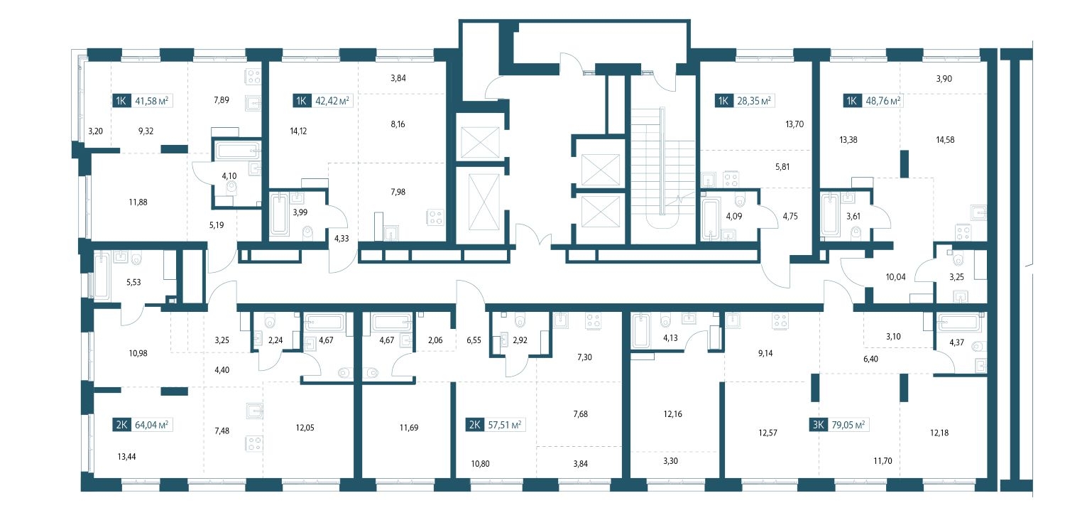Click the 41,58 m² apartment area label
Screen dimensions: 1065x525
coord(152,101)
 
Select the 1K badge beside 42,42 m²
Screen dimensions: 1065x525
coord(302,101)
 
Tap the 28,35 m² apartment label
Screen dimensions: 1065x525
coord(754,101)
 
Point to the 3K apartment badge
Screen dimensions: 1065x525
coord(818,425)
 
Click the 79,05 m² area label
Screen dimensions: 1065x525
coord(848,425)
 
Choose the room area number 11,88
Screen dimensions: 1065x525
coord(138,202)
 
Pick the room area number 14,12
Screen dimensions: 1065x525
coord(298,131)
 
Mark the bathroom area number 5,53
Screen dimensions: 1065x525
coord(133,282)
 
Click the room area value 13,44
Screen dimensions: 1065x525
coord(126,457)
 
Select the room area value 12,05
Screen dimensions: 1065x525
coord(305,428)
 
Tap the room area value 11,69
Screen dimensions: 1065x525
coord(409,428)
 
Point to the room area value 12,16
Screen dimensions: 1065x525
coord(673,414)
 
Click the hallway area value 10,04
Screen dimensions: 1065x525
coord(896,277)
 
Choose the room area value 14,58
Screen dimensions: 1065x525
coord(945,140)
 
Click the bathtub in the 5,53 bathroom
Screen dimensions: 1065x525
coord(102,277)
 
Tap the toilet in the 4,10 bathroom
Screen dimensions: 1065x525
coord(232,188)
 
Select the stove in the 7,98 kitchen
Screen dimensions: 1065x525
coord(435,217)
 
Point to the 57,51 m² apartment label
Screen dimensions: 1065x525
coord(504,425)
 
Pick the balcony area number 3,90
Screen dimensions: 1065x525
coord(944,79)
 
